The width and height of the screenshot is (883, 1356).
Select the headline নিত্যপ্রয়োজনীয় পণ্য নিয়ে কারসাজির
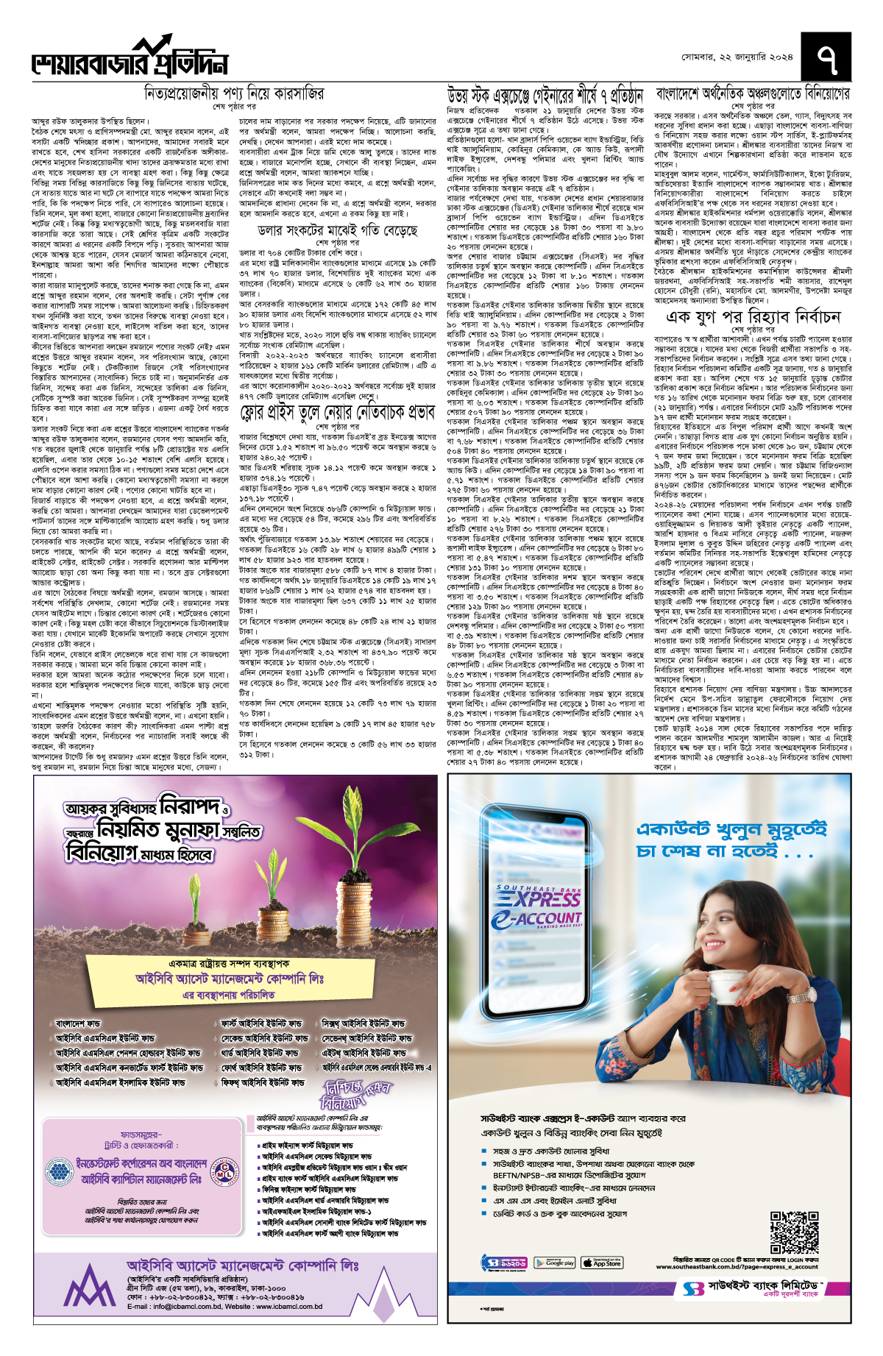tap(233, 94)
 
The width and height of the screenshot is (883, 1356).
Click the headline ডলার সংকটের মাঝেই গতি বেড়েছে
tap(338, 230)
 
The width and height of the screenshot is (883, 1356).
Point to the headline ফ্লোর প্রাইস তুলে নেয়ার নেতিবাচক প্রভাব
tap(338, 413)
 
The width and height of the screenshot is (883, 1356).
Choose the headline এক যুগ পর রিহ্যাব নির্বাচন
tap(753, 316)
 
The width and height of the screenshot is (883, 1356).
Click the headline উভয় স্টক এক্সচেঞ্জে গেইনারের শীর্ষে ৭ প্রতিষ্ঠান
tap(545, 95)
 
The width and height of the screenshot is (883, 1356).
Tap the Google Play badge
tap(555, 1263)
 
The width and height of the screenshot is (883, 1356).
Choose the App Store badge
tap(602, 1263)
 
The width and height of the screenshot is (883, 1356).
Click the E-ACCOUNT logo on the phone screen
tap(537, 920)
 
